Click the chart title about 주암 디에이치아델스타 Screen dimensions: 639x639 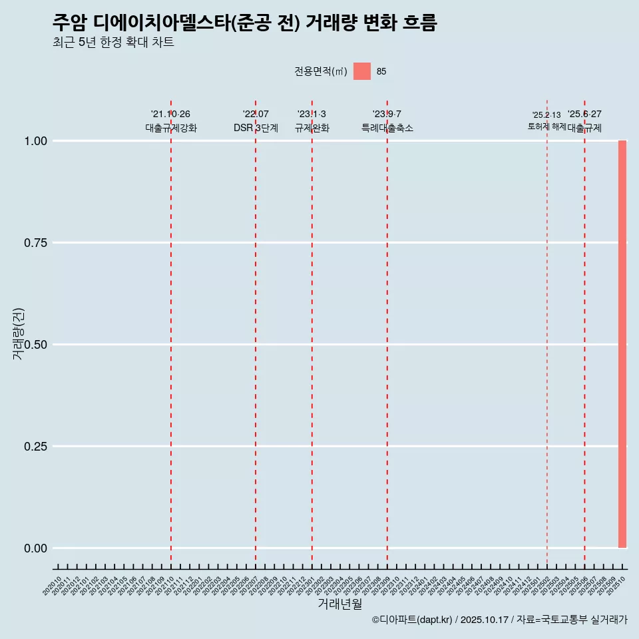[x=244, y=23]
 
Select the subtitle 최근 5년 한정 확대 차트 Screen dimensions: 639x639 [x=113, y=43]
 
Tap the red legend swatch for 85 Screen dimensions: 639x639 [x=361, y=71]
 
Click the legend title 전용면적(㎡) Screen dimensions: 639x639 [x=320, y=71]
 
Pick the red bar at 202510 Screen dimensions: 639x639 [x=622, y=344]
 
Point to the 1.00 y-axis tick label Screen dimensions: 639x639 [x=36, y=141]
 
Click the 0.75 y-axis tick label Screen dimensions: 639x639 [x=36, y=243]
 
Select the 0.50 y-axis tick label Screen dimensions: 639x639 [x=36, y=345]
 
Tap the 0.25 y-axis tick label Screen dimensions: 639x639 [x=36, y=447]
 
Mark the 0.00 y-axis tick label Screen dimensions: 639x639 [x=36, y=548]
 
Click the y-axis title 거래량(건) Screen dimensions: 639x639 [x=18, y=334]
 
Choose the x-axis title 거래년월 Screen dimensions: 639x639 [x=339, y=604]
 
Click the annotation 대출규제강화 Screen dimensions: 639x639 [x=171, y=128]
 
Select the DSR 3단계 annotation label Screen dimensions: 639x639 [x=256, y=128]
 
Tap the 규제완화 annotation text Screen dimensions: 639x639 [x=312, y=128]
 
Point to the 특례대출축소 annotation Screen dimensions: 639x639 [x=387, y=128]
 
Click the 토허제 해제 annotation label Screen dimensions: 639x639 [x=546, y=126]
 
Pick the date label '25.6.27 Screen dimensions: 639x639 [x=584, y=114]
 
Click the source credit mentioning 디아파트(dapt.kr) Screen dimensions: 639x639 [x=499, y=620]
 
